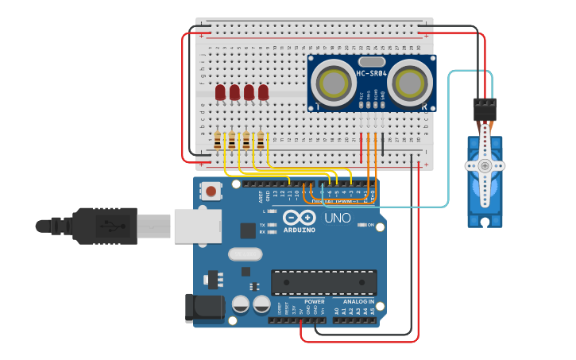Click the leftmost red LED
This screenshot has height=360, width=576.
click(220, 93)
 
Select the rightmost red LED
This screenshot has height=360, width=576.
click(263, 93)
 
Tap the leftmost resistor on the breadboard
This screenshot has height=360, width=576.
click(218, 141)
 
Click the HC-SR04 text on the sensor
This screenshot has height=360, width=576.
click(371, 74)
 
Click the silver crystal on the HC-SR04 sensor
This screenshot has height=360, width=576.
click(371, 61)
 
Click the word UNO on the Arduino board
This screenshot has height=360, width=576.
click(337, 217)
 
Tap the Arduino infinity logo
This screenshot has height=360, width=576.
click(299, 217)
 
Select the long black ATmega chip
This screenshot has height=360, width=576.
click(324, 282)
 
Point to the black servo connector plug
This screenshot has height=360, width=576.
click(485, 109)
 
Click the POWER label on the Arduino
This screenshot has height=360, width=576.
click(314, 302)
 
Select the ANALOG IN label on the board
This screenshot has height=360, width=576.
click(358, 302)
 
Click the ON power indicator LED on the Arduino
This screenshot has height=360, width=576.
click(362, 226)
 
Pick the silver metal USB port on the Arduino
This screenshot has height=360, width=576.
click(194, 226)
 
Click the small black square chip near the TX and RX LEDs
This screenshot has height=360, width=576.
click(248, 230)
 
